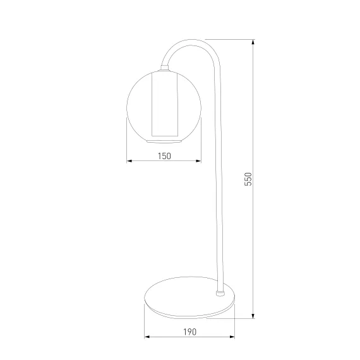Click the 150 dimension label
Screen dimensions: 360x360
164,156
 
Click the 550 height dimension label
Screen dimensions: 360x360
248,179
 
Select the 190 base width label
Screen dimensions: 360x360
190,332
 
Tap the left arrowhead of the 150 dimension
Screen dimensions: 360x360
129,161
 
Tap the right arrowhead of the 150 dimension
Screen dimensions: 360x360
198,161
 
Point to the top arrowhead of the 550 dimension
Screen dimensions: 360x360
253,42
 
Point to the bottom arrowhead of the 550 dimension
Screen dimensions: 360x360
253,316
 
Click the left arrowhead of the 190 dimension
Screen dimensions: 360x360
147,337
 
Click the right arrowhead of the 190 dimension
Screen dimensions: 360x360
232,337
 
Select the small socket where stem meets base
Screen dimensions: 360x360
220,293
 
